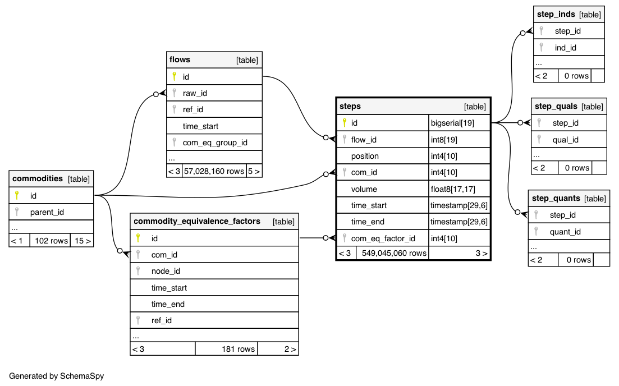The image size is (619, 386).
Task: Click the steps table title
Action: pyautogui.click(x=350, y=106)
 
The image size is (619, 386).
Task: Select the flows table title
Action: pyautogui.click(x=180, y=59)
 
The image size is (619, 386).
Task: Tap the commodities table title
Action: pyautogui.click(x=38, y=178)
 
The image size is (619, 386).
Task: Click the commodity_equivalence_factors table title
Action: pyautogui.click(x=197, y=221)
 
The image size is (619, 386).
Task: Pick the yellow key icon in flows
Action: pyautogui.click(x=174, y=76)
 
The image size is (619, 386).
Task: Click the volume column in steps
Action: pyautogui.click(x=364, y=189)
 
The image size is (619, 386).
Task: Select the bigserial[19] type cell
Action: pyautogui.click(x=452, y=123)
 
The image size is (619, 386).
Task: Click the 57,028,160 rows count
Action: pyautogui.click(x=214, y=171)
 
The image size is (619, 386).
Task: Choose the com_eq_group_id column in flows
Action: pyautogui.click(x=215, y=143)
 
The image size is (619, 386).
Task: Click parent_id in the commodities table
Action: pyautogui.click(x=47, y=212)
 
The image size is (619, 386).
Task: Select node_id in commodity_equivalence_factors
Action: pyautogui.click(x=166, y=271)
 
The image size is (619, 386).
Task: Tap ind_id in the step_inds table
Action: pyautogui.click(x=565, y=48)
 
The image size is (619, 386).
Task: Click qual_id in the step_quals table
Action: pyautogui.click(x=565, y=140)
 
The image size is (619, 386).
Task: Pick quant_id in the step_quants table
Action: pyautogui.click(x=565, y=232)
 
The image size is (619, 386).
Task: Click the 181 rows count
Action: pyautogui.click(x=238, y=349)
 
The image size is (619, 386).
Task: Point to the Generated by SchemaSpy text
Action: pyautogui.click(x=56, y=376)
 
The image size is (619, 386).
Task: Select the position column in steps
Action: pyautogui.click(x=365, y=156)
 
